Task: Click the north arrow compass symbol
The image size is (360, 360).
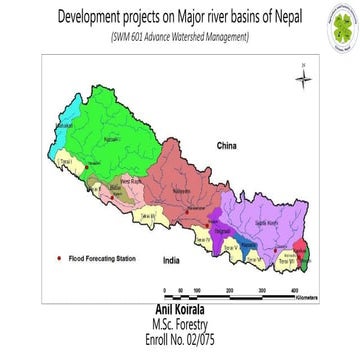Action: point(303,79)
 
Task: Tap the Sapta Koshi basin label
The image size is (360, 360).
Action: point(268,226)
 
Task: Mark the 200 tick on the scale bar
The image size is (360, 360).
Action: point(230,290)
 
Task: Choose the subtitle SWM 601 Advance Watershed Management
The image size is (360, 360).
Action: point(180,38)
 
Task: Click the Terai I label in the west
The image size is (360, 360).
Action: point(70,160)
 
